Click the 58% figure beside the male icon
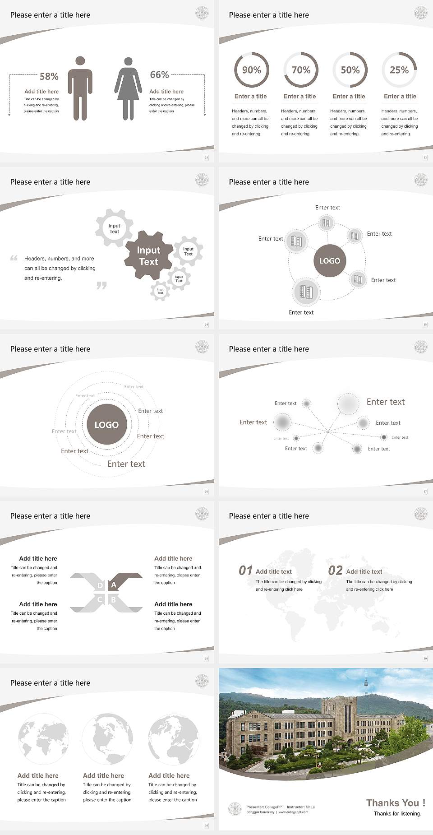pyautogui.click(x=49, y=77)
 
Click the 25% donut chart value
pyautogui.click(x=399, y=70)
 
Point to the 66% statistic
pyautogui.click(x=159, y=75)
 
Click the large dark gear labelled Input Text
pyautogui.click(x=148, y=256)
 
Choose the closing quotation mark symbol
pyautogui.click(x=101, y=285)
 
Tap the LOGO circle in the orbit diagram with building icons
pyautogui.click(x=330, y=261)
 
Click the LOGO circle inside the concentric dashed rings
pyautogui.click(x=106, y=425)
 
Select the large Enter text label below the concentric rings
pyautogui.click(x=126, y=464)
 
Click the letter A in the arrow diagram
pyautogui.click(x=114, y=585)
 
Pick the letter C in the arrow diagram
pyautogui.click(x=100, y=600)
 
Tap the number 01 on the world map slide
pyautogui.click(x=245, y=571)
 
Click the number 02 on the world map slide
pyautogui.click(x=336, y=571)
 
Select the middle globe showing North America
pyautogui.click(x=107, y=739)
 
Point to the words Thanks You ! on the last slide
pyautogui.click(x=396, y=803)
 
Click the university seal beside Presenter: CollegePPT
pyautogui.click(x=235, y=809)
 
